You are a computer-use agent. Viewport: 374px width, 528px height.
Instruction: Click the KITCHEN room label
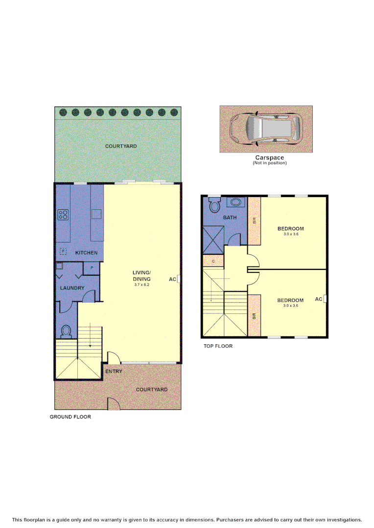click(x=86, y=253)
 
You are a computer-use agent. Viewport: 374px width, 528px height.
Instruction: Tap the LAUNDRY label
click(x=72, y=288)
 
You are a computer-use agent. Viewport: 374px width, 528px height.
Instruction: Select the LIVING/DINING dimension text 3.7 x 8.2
click(x=141, y=285)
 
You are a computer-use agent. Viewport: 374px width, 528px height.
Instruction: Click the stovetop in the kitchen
click(x=63, y=215)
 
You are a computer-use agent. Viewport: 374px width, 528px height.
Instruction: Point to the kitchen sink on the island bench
click(x=96, y=214)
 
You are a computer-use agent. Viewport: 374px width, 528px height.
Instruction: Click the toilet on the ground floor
click(x=66, y=331)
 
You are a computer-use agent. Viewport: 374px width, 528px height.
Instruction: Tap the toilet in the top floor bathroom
click(x=214, y=204)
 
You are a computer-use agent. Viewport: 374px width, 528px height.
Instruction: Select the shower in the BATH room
click(x=213, y=240)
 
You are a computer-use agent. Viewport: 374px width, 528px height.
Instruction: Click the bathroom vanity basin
click(x=235, y=202)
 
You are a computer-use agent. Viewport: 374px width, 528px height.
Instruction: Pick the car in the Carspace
click(x=265, y=129)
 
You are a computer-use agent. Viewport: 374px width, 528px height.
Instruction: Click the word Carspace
click(x=269, y=157)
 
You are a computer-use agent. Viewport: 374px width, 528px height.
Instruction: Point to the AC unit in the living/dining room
click(x=179, y=279)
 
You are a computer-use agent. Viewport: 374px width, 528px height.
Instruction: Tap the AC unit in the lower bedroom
click(x=325, y=299)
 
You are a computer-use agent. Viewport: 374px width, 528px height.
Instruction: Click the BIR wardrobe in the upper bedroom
click(x=254, y=221)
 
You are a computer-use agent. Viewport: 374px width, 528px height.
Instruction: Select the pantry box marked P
click(x=92, y=268)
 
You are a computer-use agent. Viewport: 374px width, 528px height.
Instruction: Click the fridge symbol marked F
click(x=63, y=251)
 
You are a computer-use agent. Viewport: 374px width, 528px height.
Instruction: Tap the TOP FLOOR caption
click(x=218, y=346)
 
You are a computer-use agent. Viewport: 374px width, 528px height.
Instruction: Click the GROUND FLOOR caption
click(x=70, y=417)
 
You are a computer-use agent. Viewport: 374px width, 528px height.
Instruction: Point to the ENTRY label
click(x=114, y=371)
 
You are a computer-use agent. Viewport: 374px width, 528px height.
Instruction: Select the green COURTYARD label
click(x=121, y=146)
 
